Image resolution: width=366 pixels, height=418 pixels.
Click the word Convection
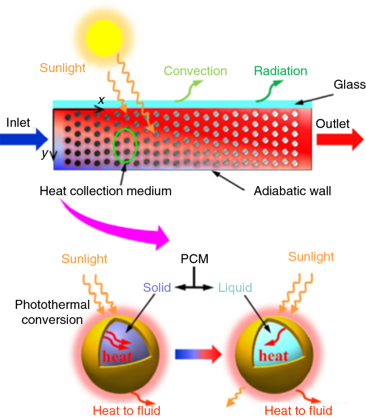[195, 71]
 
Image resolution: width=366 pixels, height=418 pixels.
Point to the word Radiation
[281, 71]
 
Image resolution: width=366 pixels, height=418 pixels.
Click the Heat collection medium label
[106, 190]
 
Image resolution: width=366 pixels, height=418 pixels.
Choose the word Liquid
[235, 288]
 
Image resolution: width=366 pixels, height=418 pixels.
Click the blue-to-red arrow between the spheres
[197, 353]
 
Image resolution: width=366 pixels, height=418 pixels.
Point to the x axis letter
[100, 100]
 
